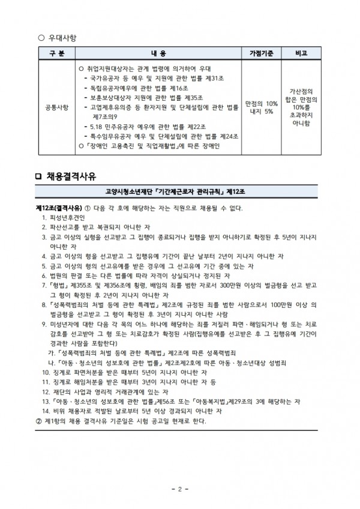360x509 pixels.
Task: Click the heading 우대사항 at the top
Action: point(62,37)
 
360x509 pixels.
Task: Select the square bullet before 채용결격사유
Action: point(40,176)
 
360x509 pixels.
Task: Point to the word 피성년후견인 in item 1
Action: point(67,217)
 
